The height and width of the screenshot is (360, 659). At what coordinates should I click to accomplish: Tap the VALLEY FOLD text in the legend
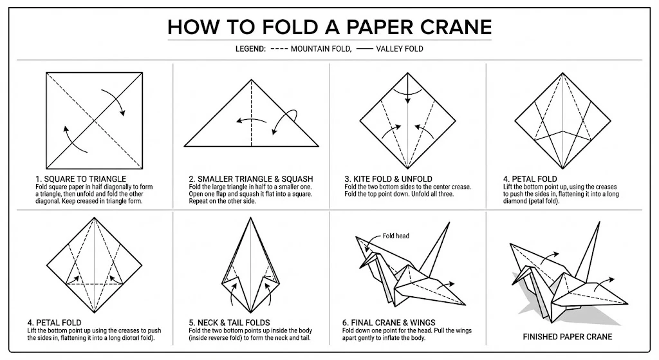tap(400, 49)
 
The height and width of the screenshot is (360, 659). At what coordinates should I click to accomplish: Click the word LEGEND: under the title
tap(251, 49)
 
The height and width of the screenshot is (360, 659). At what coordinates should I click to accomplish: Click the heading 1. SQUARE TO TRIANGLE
tap(81, 178)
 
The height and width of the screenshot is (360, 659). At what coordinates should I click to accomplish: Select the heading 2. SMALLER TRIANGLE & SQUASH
tap(251, 178)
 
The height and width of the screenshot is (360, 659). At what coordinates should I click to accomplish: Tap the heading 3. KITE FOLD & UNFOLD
tap(389, 178)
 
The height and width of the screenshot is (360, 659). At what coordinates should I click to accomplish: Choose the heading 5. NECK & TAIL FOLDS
tap(229, 322)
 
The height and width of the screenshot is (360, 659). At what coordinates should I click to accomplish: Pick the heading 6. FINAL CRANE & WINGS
tap(389, 322)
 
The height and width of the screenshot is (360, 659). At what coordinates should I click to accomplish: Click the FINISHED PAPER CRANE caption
tap(567, 336)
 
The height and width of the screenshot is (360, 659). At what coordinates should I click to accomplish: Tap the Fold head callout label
tap(396, 236)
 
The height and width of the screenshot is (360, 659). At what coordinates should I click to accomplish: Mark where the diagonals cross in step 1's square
tap(94, 119)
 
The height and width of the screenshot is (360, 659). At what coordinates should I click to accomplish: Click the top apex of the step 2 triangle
tap(252, 81)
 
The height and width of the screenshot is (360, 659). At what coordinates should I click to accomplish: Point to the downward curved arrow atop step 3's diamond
tap(407, 97)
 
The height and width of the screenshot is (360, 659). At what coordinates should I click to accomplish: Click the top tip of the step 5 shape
tap(252, 217)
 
